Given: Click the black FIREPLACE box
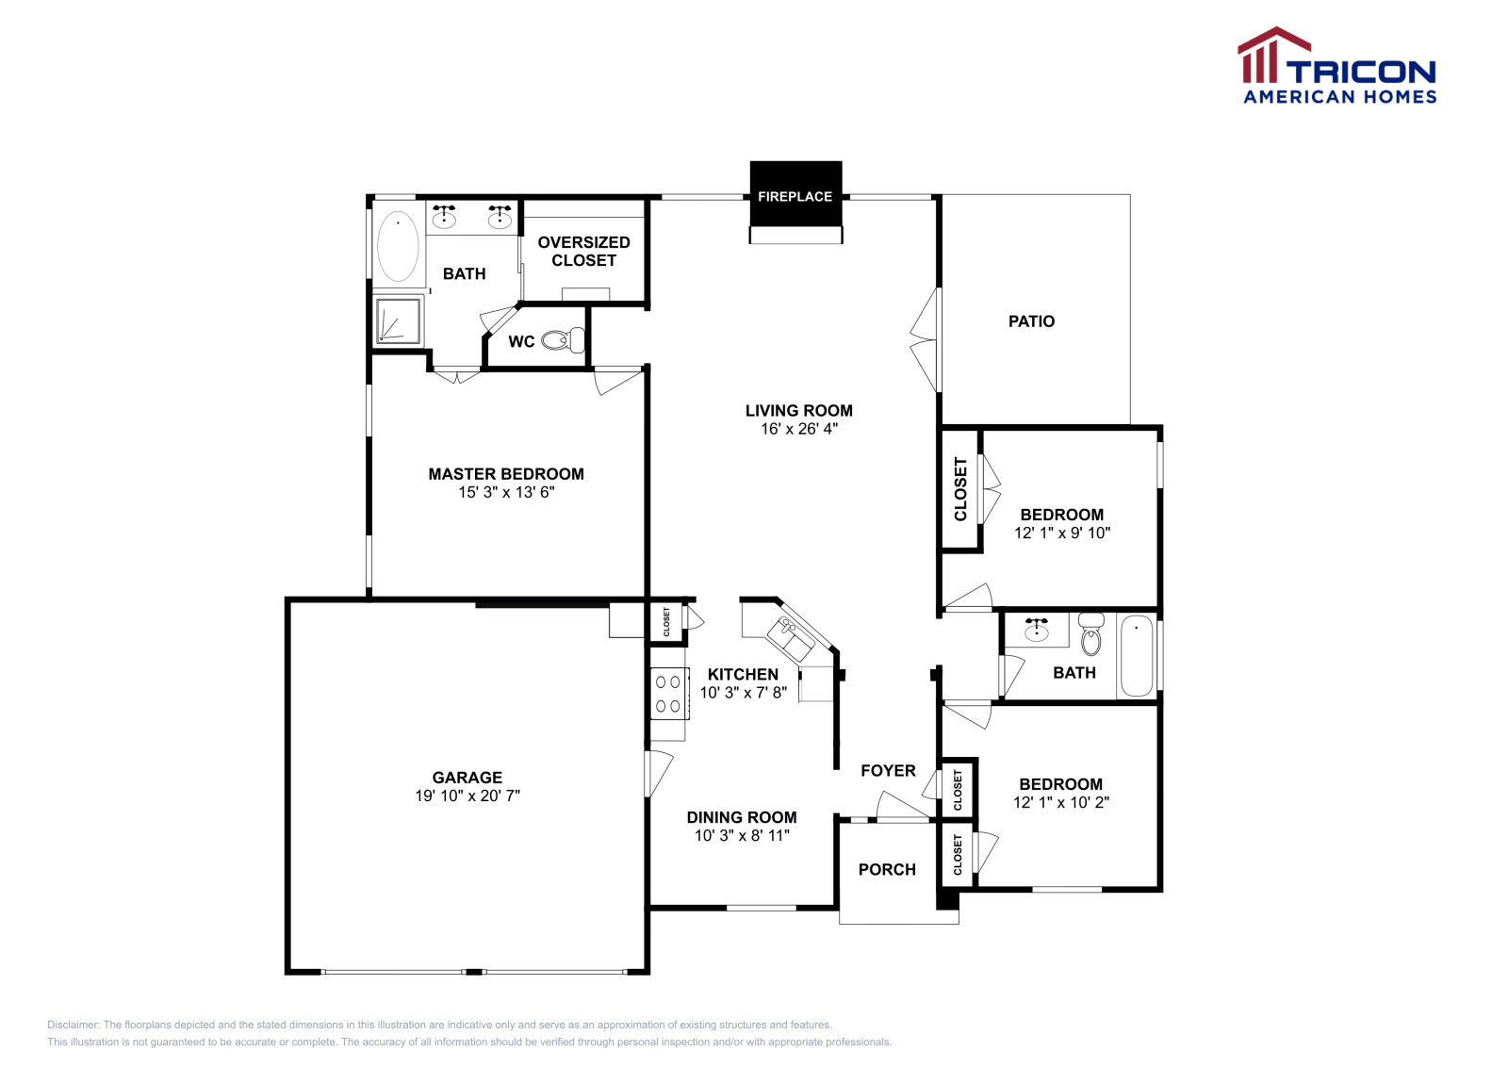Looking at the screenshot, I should pos(795,195).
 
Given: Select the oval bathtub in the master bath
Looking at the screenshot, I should pos(398,246).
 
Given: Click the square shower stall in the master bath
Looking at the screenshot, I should pos(399,320).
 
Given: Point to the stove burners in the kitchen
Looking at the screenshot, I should pos(668,694).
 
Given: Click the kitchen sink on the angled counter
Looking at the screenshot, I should pos(790,637).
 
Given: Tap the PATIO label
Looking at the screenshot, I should pos(1031,321).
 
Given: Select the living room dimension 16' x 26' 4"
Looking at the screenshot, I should pos(798,429).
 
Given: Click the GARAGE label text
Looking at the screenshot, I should pos(467,778).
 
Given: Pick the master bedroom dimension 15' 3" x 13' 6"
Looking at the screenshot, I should pos(506,492).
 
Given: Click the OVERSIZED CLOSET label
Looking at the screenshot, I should pos(583,252).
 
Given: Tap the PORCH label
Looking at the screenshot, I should pos(887,869).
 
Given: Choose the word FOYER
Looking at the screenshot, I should pos(888,771).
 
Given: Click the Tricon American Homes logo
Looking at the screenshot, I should pos(1337,66).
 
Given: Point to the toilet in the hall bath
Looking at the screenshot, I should pos(1090,634).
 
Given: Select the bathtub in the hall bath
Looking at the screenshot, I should pos(1137,656).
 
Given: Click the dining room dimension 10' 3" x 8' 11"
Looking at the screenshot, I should pos(742,835).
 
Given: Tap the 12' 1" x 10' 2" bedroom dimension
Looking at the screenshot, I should pos(1060,802).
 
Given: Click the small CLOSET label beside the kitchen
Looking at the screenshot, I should pos(666,621).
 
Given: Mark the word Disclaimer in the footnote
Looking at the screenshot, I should pos(73,1025).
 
